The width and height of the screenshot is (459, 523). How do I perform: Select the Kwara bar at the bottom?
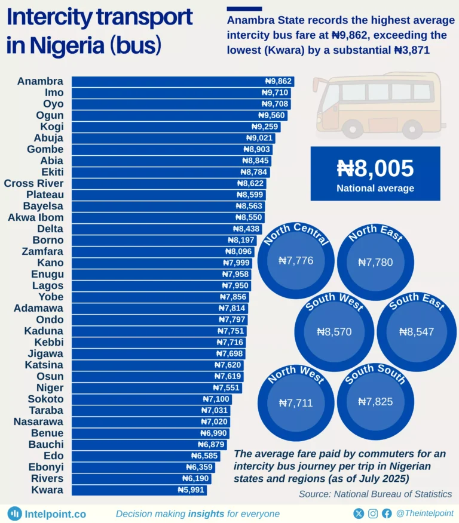pos(137,490)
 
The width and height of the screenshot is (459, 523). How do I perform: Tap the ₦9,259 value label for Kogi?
pos(265,127)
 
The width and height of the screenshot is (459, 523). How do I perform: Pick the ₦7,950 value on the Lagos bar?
pos(235,286)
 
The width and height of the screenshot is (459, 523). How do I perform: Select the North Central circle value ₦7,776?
pos(296,260)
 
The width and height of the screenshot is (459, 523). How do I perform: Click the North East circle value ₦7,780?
pos(375,262)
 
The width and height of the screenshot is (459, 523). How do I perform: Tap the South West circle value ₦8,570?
pos(334,332)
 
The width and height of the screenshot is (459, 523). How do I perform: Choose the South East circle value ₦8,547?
pos(416,332)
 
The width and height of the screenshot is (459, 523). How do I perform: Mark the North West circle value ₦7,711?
pos(296,403)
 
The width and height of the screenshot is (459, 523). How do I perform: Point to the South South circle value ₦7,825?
pos(375,402)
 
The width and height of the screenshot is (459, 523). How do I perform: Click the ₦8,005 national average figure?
pos(375,168)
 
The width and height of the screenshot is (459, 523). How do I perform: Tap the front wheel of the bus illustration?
pos(355,128)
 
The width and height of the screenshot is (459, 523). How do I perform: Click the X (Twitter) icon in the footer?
pos(359,513)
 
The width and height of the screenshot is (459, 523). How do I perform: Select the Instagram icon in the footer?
pos(373,513)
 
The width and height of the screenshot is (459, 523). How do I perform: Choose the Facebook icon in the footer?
pos(387,513)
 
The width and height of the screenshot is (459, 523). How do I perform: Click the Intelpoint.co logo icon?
pos(14,513)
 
